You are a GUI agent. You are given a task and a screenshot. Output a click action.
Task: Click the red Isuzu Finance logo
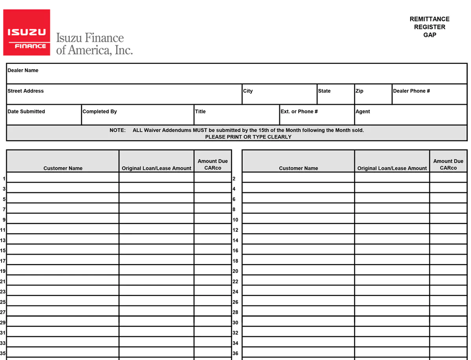tap(27, 33)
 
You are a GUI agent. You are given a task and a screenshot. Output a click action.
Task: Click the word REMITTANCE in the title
tap(429, 19)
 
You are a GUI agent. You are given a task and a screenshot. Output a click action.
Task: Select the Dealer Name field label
tap(23, 71)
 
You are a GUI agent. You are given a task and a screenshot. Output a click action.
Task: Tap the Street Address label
tap(26, 91)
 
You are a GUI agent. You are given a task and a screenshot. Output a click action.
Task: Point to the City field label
tap(248, 91)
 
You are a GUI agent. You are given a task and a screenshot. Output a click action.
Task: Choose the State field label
tap(324, 91)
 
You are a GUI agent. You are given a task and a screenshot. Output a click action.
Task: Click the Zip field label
tap(360, 91)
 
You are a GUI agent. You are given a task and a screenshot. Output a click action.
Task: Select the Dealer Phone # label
tap(411, 91)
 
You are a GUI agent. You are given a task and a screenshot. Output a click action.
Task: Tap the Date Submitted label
tap(26, 111)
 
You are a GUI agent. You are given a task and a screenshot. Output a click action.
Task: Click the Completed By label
tap(100, 111)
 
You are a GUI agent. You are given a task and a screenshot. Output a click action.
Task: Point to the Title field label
tap(200, 111)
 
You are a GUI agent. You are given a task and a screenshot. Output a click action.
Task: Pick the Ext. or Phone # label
tap(299, 111)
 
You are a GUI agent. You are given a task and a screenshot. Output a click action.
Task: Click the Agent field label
tap(363, 111)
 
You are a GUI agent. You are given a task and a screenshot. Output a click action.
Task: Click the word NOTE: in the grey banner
tap(117, 130)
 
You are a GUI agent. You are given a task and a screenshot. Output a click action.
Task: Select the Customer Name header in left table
tap(63, 168)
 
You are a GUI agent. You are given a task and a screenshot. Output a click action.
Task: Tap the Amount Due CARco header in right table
tap(448, 164)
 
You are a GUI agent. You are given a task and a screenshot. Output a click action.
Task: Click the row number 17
tap(3, 261)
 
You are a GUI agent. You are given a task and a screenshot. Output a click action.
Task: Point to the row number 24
tap(235, 292)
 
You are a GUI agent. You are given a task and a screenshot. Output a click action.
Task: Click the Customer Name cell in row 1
tap(63, 178)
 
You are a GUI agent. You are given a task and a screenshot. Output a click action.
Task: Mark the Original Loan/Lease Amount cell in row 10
tap(392, 219)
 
